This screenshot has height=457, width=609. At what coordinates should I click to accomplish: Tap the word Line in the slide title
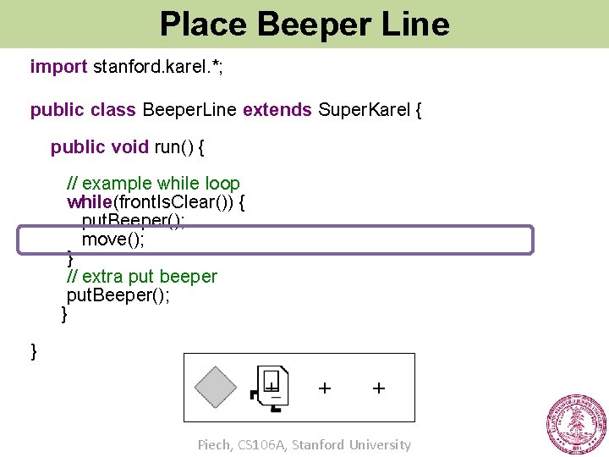pyautogui.click(x=414, y=24)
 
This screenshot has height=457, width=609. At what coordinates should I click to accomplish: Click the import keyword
pyautogui.click(x=58, y=66)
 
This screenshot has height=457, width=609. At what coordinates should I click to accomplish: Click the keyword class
pyautogui.click(x=113, y=110)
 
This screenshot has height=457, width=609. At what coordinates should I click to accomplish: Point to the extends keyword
pyautogui.click(x=277, y=110)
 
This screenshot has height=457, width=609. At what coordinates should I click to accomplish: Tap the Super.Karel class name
pyautogui.click(x=365, y=110)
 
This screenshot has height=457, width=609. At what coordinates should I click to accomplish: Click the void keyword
pyautogui.click(x=129, y=147)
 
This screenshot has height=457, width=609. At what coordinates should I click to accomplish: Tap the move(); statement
pyautogui.click(x=113, y=240)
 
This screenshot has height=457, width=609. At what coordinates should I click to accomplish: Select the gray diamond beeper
pyautogui.click(x=216, y=388)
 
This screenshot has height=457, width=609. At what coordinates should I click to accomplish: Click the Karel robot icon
pyautogui.click(x=271, y=388)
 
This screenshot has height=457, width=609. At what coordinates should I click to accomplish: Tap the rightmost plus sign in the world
pyautogui.click(x=379, y=388)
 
